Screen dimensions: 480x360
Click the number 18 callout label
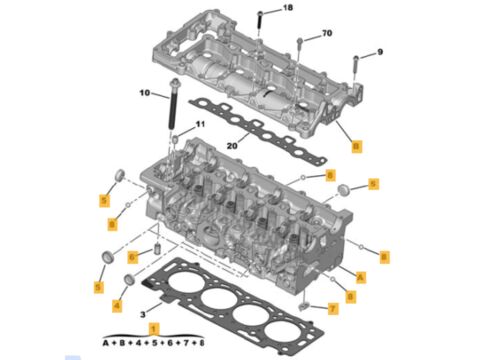[288, 7]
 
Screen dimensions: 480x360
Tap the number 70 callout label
[327, 33]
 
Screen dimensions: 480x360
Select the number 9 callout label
[380, 52]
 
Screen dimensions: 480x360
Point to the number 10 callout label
[145, 93]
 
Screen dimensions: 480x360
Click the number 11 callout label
[200, 124]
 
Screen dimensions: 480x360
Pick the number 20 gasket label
[232, 146]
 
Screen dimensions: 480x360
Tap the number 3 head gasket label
[143, 314]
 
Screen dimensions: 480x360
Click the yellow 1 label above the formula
[154, 329]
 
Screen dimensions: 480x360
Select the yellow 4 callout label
[117, 305]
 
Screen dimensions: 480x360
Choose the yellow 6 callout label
[133, 257]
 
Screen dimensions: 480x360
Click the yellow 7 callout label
[333, 309]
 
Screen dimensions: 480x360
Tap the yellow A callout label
[360, 277]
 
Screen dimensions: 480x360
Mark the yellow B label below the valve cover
[356, 146]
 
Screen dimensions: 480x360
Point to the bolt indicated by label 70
[300, 48]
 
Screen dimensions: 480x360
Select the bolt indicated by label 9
[356, 65]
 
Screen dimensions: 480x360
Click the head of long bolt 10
[174, 82]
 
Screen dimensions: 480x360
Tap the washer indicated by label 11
[175, 138]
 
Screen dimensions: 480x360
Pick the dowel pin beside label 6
[156, 249]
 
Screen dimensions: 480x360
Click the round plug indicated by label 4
[129, 280]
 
